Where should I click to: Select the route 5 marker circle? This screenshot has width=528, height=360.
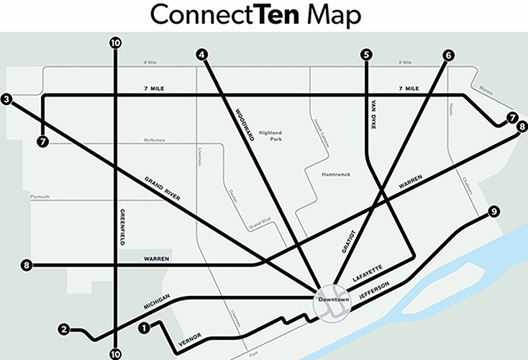pos(367,54)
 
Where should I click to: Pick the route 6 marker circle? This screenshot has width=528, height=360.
pos(450,54)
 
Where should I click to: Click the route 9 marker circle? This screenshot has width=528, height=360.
pos(493,212)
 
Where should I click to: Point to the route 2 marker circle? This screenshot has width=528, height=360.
pos(64,330)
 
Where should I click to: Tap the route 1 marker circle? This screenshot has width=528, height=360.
pos(145,328)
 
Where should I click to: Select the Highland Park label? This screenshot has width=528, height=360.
pos(270,127)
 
